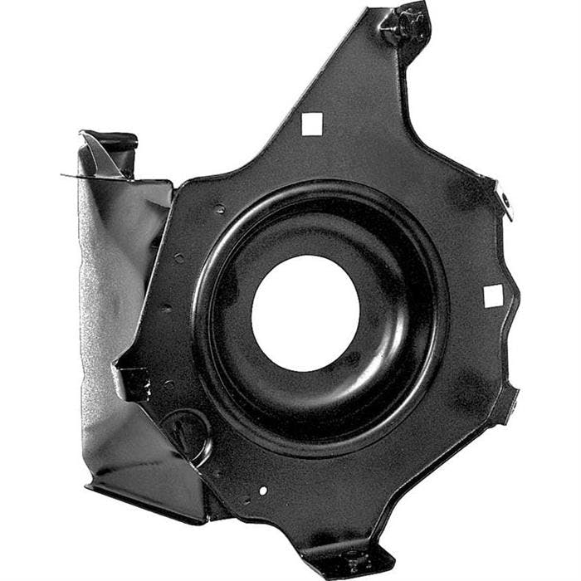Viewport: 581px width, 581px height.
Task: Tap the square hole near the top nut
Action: (311, 124)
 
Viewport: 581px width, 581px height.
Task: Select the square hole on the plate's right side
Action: (493, 295)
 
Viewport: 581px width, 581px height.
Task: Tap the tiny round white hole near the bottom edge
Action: (263, 491)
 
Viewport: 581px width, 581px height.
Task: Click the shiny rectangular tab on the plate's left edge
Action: (133, 382)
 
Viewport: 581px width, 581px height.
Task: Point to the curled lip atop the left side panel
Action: (108, 141)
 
